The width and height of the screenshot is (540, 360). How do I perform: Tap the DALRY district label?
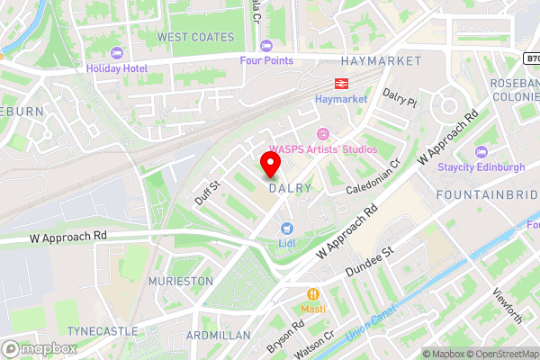(290, 188)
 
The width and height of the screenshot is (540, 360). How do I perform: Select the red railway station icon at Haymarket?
(328, 81)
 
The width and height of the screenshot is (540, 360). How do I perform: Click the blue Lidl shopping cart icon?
(287, 229)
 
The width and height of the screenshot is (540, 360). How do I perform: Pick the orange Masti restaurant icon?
(313, 293)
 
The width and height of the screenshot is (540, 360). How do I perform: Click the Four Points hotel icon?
(265, 46)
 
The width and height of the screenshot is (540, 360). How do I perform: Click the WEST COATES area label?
(195, 37)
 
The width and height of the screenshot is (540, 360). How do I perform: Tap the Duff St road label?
(208, 192)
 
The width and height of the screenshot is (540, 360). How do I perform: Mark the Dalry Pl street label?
(400, 98)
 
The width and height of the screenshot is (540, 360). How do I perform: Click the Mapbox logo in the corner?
(40, 348)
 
